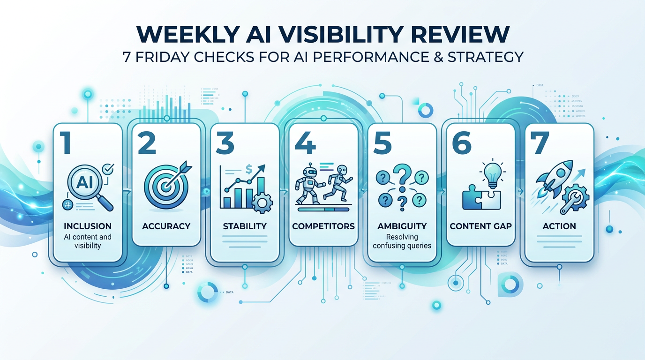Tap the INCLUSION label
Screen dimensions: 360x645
coord(88,226)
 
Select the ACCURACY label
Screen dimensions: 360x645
coord(166,226)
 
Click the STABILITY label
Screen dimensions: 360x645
coord(245,226)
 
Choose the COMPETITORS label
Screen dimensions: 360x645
coord(323,226)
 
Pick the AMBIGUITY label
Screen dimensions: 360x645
coord(402,226)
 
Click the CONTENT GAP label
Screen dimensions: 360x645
coord(480,226)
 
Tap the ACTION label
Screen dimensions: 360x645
coord(559,226)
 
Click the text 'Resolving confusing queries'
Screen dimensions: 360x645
coord(402,241)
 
